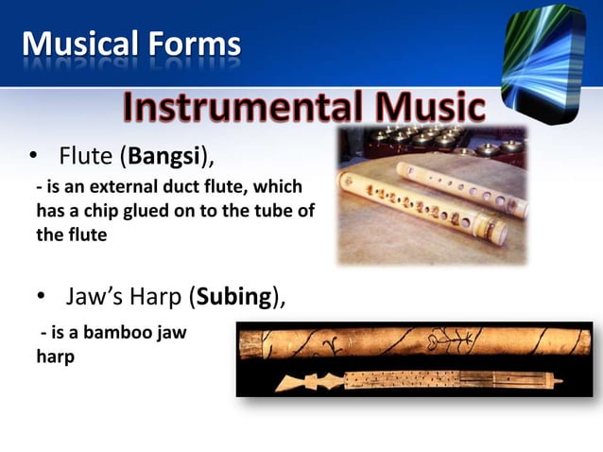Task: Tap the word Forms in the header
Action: [194, 43]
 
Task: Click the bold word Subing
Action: [233, 300]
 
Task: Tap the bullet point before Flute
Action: [31, 155]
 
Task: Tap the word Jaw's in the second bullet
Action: [95, 300]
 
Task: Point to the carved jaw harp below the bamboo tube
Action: [416, 380]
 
